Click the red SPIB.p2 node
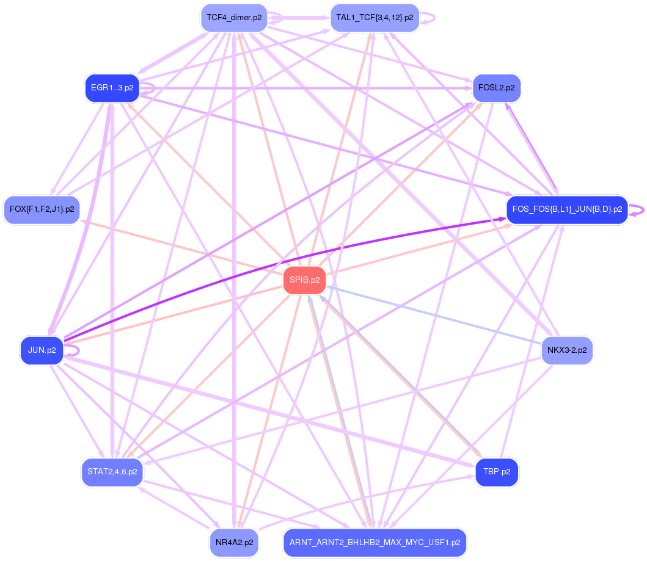[x=305, y=280]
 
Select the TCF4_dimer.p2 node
[x=233, y=18]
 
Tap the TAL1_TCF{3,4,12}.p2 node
[x=374, y=18]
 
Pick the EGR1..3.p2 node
[x=112, y=88]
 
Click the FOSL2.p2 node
[x=496, y=88]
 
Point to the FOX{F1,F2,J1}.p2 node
[x=42, y=209]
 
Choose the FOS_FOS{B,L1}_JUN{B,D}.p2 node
[x=566, y=209]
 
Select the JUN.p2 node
[x=42, y=350]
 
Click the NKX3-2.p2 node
[x=566, y=350]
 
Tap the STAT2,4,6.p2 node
[x=112, y=472]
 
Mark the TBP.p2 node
[x=496, y=472]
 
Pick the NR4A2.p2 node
[x=233, y=542]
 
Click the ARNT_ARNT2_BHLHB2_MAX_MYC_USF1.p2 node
[x=374, y=542]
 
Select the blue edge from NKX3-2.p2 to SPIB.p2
[x=434, y=315]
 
